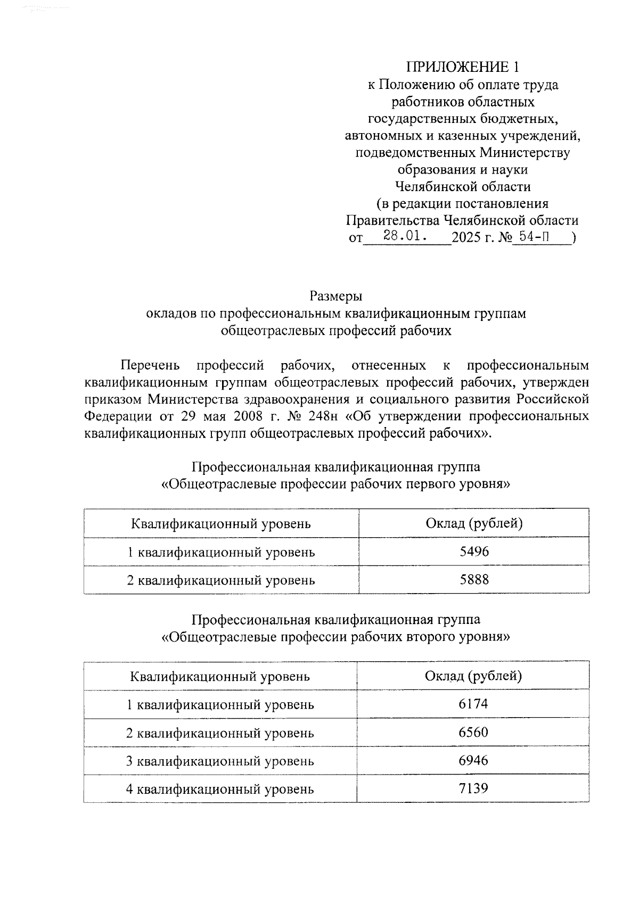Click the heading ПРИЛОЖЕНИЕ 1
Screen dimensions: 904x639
point(462,67)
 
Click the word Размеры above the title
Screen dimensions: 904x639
point(336,296)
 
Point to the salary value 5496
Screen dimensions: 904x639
point(474,552)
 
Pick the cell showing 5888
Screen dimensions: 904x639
point(474,579)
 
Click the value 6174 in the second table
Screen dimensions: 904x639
point(473,704)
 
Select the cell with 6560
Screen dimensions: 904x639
point(473,732)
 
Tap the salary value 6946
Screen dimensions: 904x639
point(473,760)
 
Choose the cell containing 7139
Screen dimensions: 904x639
point(473,788)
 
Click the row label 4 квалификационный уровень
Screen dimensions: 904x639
point(220,789)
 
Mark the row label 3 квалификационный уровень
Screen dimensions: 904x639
point(220,761)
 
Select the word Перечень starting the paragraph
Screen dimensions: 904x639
point(151,365)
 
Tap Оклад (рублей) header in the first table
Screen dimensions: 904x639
point(474,523)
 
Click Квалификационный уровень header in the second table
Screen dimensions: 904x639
point(220,677)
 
